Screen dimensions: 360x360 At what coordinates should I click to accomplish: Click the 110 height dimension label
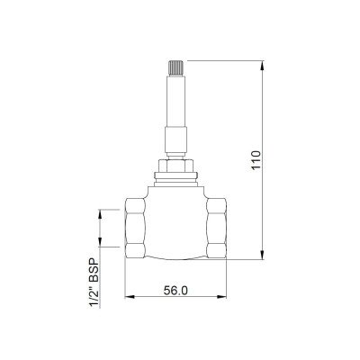tap(256, 160)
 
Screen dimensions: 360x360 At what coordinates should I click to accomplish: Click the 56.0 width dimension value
tap(175, 290)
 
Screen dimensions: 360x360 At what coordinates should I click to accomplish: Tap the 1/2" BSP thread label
tap(94, 283)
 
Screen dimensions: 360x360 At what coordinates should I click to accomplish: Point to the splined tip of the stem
tap(175, 68)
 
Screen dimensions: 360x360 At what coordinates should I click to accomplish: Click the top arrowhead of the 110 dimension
tap(263, 66)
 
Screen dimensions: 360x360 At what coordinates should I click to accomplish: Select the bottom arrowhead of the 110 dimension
tap(263, 255)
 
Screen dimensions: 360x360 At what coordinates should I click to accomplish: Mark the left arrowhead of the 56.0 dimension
tap(130, 297)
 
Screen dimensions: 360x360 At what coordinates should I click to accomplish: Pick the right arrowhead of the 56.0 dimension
tap(221, 297)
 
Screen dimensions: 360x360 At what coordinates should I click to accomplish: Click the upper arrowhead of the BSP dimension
tap(100, 214)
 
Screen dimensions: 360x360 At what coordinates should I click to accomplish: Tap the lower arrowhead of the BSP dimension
tap(100, 242)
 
